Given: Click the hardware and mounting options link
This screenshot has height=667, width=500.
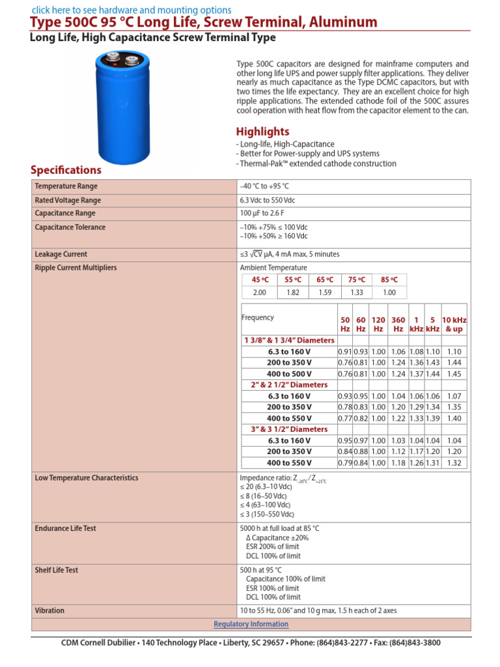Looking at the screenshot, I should (131, 10).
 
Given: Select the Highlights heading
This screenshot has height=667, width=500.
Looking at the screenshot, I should (262, 132).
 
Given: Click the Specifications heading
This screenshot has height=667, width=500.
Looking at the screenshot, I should (66, 170).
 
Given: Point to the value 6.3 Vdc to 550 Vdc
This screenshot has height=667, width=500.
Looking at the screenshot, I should (268, 201).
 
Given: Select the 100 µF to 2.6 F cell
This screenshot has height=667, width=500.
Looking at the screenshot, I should (265, 214).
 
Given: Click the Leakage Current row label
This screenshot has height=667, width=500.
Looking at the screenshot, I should (61, 254).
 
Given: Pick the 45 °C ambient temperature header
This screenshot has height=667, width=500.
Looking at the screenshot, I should (259, 279).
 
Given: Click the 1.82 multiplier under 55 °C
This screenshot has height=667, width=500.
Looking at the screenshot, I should (293, 292).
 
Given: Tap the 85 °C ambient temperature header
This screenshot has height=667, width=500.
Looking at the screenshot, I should (389, 279).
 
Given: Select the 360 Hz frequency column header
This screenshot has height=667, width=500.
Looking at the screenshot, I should (398, 324).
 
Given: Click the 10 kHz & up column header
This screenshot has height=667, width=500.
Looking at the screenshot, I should (454, 324).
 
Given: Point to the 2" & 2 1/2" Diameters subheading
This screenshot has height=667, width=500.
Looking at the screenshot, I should (289, 385).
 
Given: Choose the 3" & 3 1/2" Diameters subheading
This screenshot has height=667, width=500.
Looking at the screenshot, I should (289, 429).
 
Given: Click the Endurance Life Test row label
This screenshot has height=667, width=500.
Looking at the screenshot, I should (65, 528).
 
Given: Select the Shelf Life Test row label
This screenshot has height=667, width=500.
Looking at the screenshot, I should (56, 570).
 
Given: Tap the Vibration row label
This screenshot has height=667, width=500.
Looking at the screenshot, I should (49, 611).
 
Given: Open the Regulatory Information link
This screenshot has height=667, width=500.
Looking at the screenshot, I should (251, 624).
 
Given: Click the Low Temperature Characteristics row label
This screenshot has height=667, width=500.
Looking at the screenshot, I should (86, 478).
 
